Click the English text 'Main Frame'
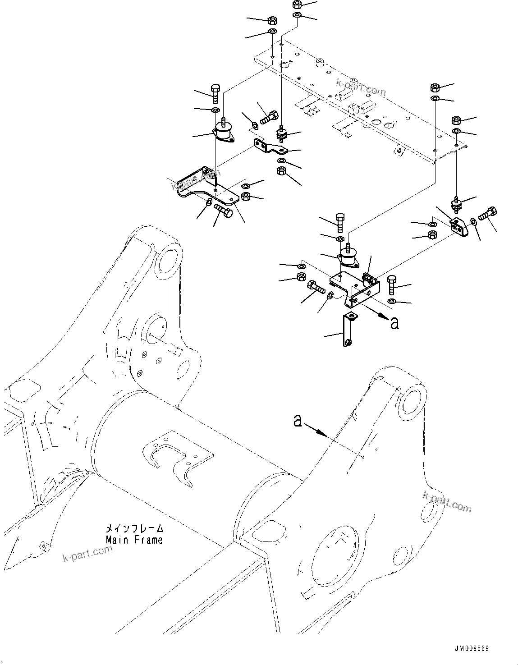pos(134,539)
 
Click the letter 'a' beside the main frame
pos(298,420)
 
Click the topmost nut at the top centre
pos(297,5)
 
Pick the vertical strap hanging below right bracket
pos(348,331)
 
